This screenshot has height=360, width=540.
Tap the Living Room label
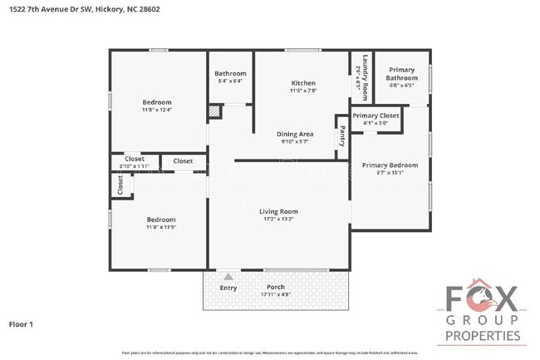coord(280,212)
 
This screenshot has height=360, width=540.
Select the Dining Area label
coord(294,134)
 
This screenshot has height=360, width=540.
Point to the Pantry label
coord(341,136)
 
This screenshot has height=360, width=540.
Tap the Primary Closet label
coord(376,116)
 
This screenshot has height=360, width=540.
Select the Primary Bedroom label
coord(390,165)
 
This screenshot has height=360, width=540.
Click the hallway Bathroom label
coord(230,73)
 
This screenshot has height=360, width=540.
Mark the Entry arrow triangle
coord(228,276)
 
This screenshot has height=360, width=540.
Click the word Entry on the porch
coord(228,288)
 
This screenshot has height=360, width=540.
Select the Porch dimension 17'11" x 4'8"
coord(276,293)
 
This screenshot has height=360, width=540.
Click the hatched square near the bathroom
coord(215,111)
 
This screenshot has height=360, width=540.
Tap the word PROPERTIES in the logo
coord(483,336)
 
